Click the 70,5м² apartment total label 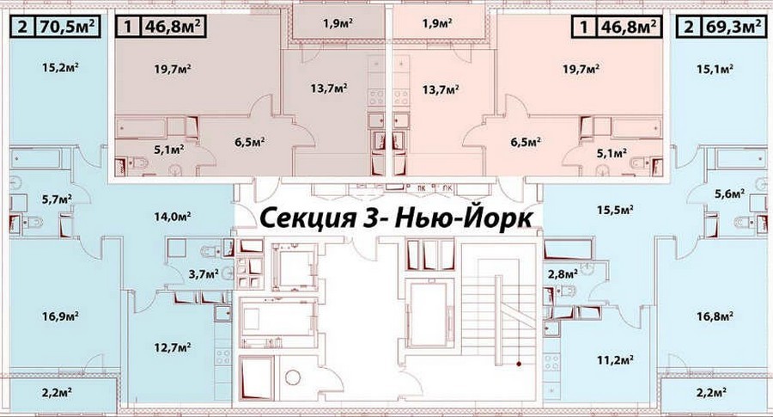coord(66,26)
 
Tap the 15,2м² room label coord(61,68)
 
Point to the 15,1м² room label coord(715,69)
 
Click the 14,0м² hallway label coord(173,216)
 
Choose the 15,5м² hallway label coord(615,210)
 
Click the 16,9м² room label coord(61,316)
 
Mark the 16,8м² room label coord(715,316)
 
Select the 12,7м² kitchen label coord(173,347)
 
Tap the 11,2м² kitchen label coord(615,360)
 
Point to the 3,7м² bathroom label coord(204,273)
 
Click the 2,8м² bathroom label coord(563,273)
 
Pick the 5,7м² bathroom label coord(58,199)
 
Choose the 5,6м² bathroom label coord(729,194)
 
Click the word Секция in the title coord(307,218)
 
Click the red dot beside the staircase coord(519,365)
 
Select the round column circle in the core coord(293,377)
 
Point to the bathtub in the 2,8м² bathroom coord(569,249)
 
